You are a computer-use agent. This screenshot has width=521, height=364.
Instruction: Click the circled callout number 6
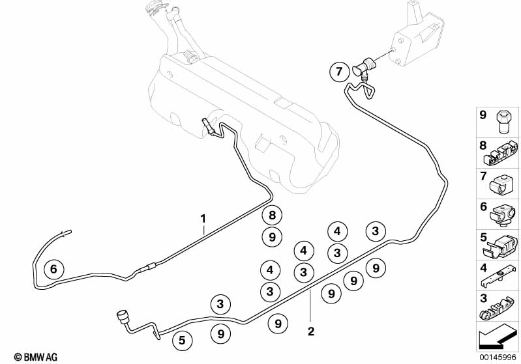pyautogui.click(x=53, y=268)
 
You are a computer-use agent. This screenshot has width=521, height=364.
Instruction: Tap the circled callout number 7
pyautogui.click(x=339, y=72)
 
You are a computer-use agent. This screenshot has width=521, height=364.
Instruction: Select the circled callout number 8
pyautogui.click(x=273, y=216)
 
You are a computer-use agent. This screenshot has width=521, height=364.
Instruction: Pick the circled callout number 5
pyautogui.click(x=183, y=339)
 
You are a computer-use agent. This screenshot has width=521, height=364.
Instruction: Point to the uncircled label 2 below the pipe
pyautogui.click(x=311, y=331)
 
